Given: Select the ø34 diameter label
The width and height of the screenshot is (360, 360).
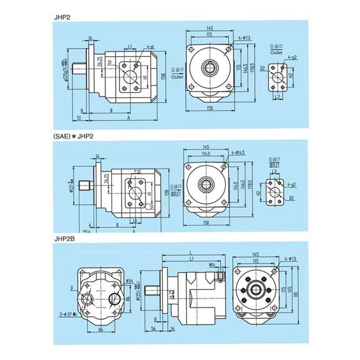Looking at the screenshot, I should (130, 281).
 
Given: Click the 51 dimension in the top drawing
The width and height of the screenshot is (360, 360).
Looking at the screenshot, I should (79, 118).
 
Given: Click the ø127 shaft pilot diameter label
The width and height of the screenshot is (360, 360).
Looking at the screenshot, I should (71, 184).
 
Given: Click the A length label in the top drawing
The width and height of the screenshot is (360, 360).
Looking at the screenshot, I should (129, 118).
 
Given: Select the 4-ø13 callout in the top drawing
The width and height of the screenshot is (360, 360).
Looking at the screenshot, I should (245, 38).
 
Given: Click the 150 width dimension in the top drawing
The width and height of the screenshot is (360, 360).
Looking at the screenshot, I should (210, 108).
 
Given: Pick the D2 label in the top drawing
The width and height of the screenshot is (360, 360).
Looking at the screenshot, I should (262, 68).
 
